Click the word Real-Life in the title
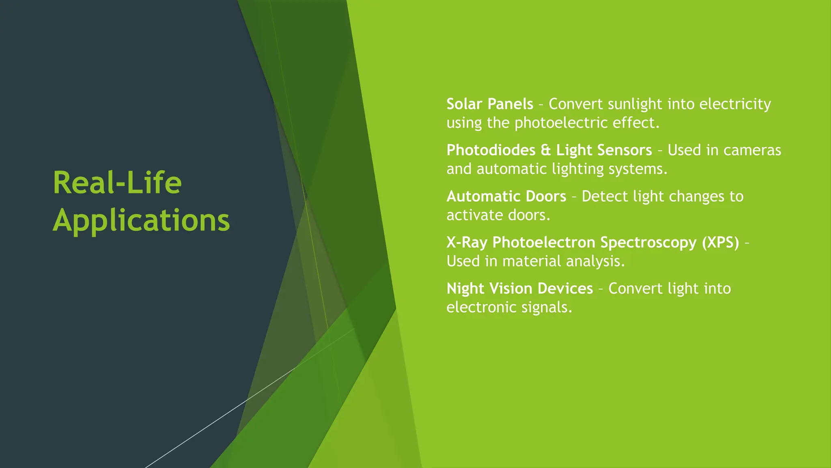coord(117,183)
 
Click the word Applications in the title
coord(141,221)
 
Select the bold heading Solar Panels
coord(490,104)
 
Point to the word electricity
coord(735,104)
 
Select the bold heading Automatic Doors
coord(506,197)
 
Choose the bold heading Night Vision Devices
coord(519,289)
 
